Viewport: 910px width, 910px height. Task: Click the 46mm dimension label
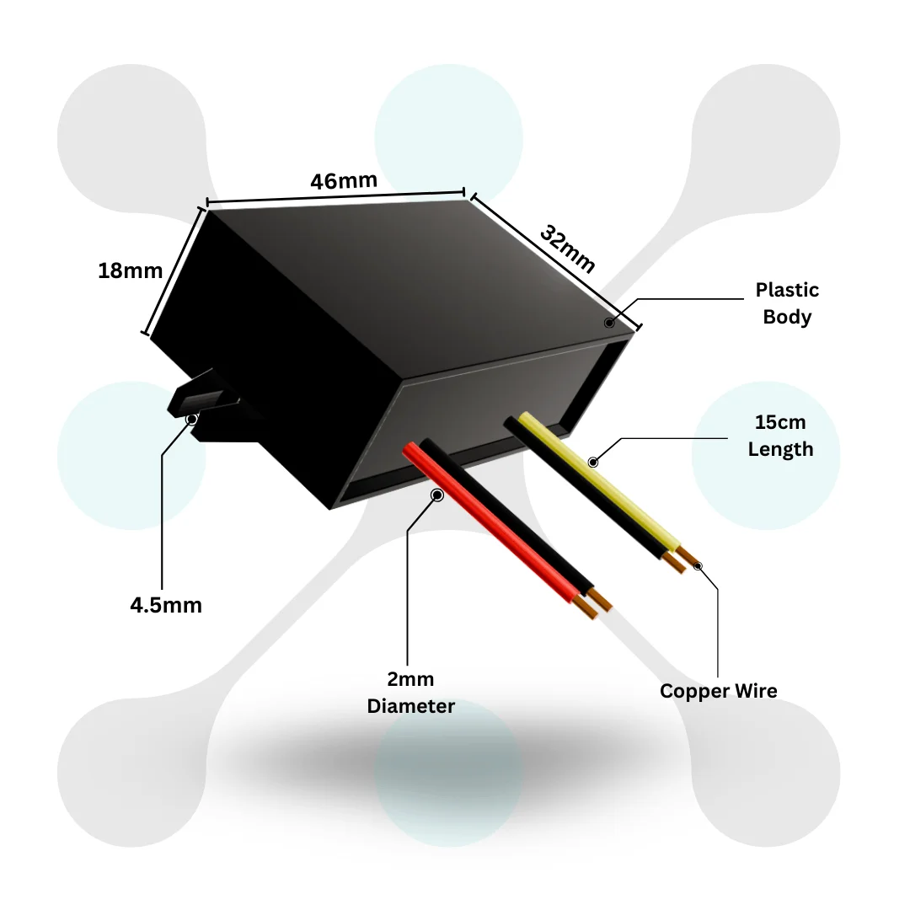pos(344,181)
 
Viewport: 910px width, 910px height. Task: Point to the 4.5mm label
pos(166,605)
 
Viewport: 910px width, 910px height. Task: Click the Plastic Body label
pos(787,303)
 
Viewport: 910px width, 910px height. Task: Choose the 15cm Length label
pos(780,436)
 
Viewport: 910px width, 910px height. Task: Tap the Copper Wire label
pos(718,691)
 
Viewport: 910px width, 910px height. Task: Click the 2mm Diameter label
pos(410,693)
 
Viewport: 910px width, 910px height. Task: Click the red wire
pos(489,531)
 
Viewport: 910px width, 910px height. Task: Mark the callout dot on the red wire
pos(437,495)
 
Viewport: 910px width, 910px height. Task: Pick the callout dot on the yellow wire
pos(593,462)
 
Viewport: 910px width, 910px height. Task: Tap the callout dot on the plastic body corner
pos(609,323)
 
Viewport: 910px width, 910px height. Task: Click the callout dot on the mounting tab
pos(191,419)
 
